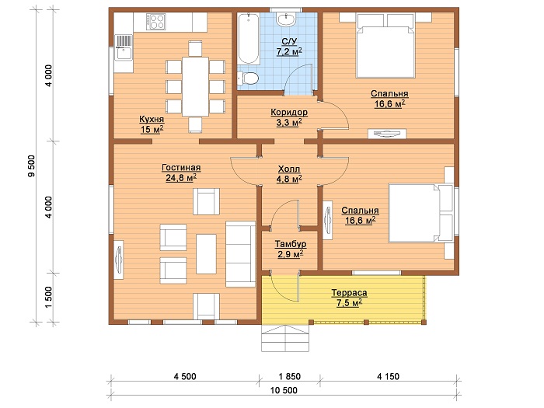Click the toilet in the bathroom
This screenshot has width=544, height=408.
coord(248,78)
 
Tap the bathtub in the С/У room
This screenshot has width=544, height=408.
coord(249,39)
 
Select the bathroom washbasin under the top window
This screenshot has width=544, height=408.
coord(286,19)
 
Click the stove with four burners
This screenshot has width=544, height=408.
coord(155,22)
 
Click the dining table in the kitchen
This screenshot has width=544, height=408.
coord(195,86)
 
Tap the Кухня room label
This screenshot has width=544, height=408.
coord(152,119)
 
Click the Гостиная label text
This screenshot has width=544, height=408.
coord(181,168)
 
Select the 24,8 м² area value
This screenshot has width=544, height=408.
coord(181,178)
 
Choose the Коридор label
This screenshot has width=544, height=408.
coord(289,113)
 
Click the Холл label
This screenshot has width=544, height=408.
coord(289,169)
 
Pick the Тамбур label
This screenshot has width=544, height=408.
coord(291,244)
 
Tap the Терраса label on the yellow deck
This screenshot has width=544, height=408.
coord(349,293)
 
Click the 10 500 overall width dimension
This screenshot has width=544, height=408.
coord(284,390)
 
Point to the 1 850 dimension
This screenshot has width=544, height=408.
coord(290,376)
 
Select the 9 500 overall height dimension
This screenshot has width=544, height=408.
coord(32,166)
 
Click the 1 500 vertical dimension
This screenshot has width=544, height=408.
coord(48,297)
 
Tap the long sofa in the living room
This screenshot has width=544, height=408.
coord(240,254)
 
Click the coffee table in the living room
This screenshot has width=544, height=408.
coord(206,254)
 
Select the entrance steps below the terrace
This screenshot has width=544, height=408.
coord(285,338)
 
